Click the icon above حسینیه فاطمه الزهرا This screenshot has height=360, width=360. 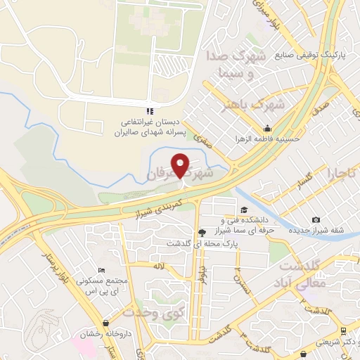267,129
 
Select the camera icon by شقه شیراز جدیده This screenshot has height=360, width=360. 315,221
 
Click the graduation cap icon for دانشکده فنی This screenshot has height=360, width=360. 243,210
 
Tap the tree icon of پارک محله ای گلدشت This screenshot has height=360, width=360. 202,233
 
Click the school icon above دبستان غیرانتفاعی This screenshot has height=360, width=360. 148,110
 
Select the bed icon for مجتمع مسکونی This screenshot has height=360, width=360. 102,271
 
